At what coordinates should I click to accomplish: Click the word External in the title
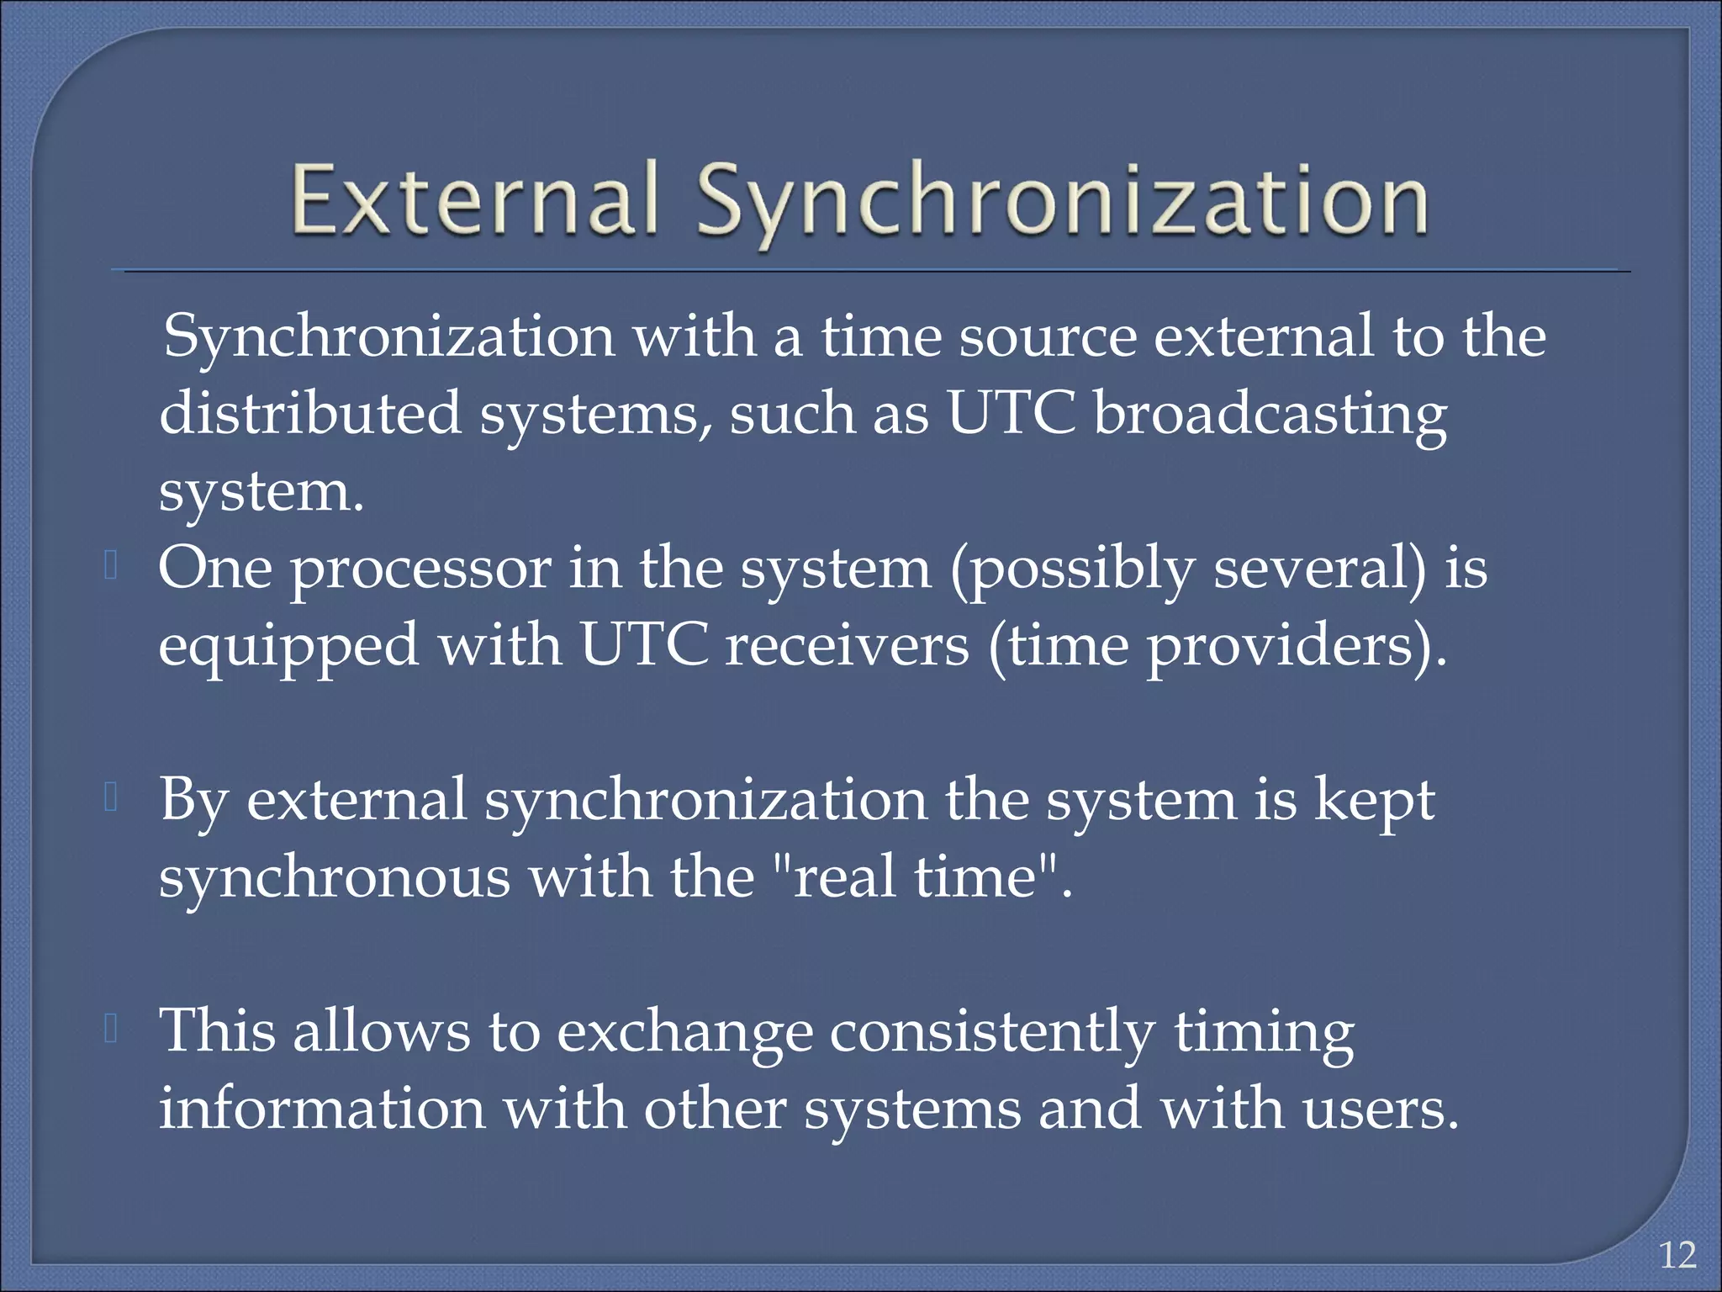(473, 200)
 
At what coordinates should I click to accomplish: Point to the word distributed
(310, 413)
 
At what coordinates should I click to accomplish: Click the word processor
(420, 569)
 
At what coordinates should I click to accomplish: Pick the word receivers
(847, 646)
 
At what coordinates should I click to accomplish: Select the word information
(323, 1109)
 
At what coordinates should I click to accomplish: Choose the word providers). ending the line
(1296, 646)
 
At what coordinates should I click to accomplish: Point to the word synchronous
(335, 877)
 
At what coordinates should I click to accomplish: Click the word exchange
(684, 1032)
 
